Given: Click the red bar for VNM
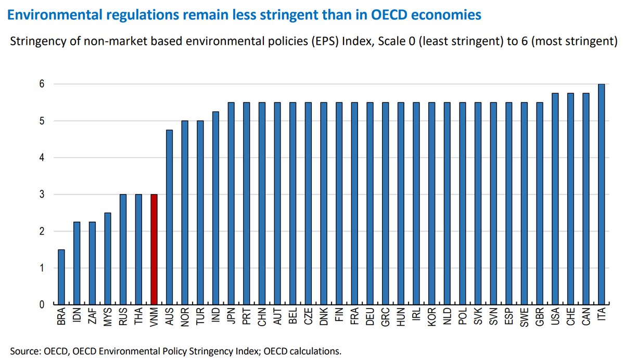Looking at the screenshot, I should click(x=154, y=249).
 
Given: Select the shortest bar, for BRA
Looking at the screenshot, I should click(x=61, y=277).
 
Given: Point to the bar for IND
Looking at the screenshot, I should click(x=215, y=208).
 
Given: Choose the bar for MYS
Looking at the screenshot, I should click(x=107, y=259).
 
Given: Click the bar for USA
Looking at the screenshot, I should click(x=555, y=199).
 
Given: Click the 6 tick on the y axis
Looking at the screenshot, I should click(x=42, y=84).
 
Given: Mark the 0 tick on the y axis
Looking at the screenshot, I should click(x=42, y=305).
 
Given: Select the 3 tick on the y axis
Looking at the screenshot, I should click(x=42, y=195).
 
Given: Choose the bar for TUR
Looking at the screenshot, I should click(x=200, y=213).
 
